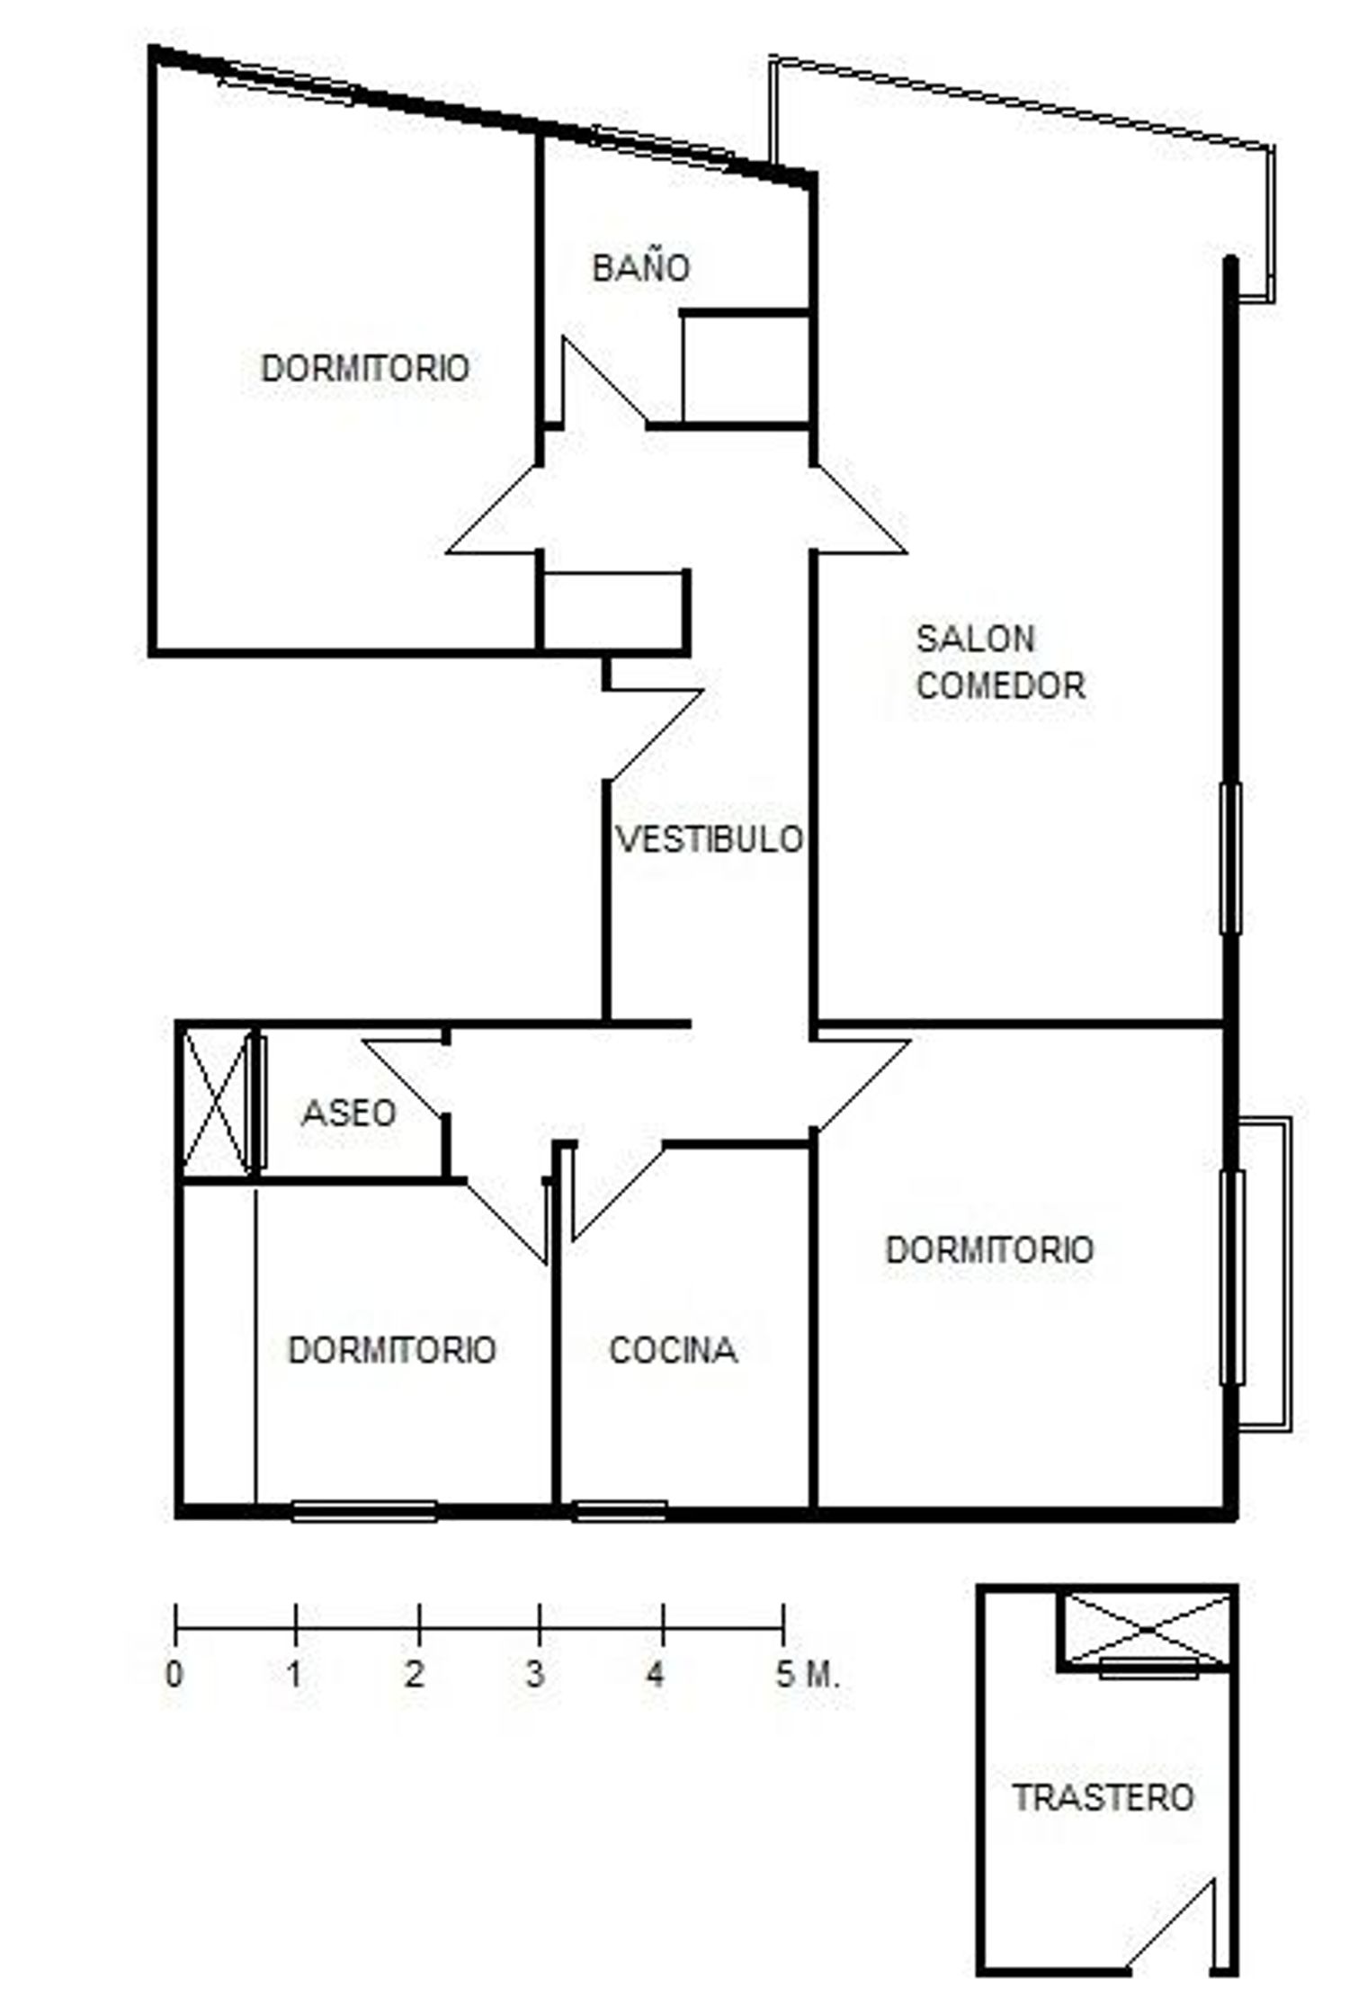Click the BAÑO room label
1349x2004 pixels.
point(641,267)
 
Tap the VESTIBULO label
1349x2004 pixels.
point(710,839)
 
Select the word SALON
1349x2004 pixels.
point(976,639)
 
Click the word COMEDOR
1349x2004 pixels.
point(1001,685)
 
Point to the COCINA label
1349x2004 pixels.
point(674,1350)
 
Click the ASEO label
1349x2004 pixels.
point(349,1114)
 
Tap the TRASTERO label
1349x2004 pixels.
point(1103,1797)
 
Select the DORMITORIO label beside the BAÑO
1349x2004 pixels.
point(365,368)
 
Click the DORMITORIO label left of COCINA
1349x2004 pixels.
point(392,1350)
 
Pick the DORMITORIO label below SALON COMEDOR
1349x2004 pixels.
point(989,1250)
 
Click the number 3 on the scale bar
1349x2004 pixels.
point(536,1674)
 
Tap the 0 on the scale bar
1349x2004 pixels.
point(174,1674)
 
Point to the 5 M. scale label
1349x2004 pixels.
point(808,1674)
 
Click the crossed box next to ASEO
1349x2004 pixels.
point(216,1103)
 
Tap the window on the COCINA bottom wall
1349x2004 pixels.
point(621,1510)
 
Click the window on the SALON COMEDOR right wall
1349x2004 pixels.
point(1230,857)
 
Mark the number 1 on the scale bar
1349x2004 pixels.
point(294,1674)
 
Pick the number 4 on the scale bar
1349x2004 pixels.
point(656,1674)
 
